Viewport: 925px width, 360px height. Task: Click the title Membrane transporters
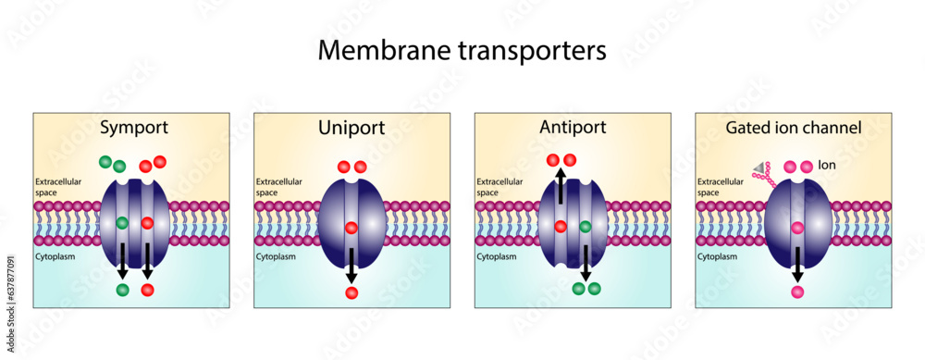pos(462,51)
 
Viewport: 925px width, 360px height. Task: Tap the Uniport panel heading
pos(351,128)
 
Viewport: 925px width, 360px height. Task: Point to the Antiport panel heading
pos(571,128)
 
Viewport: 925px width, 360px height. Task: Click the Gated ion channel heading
pos(793,128)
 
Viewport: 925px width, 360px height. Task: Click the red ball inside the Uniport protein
pos(351,228)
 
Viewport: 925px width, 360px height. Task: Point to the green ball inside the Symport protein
pos(121,223)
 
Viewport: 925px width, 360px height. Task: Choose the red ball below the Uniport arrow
pos(351,293)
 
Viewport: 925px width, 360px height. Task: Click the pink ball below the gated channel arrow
pos(796,292)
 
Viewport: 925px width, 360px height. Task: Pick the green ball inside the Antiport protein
pos(586,226)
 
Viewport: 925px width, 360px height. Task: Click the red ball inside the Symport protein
pos(147,223)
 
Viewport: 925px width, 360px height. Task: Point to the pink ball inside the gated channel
pos(796,228)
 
